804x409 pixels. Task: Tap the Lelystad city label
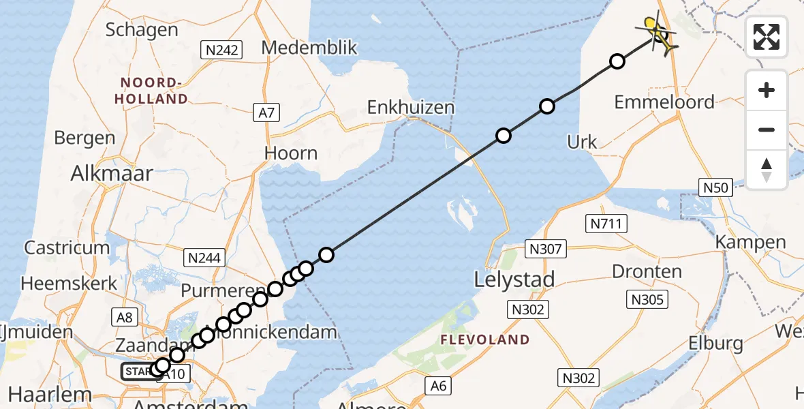pos(514,279)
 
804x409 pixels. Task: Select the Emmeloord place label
pos(664,102)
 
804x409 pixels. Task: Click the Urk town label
pos(582,142)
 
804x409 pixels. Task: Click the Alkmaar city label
pos(112,173)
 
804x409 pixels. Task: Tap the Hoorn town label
pos(292,153)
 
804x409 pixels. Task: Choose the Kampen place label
pos(750,242)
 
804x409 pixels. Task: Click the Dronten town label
pos(647,271)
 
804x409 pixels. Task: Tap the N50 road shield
pos(715,187)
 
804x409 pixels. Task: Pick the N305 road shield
pos(648,299)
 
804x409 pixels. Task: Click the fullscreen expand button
pos(767,37)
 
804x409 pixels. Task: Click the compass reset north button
pos(767,170)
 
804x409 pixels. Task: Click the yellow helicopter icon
pos(658,32)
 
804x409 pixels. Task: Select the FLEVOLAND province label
pos(484,339)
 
